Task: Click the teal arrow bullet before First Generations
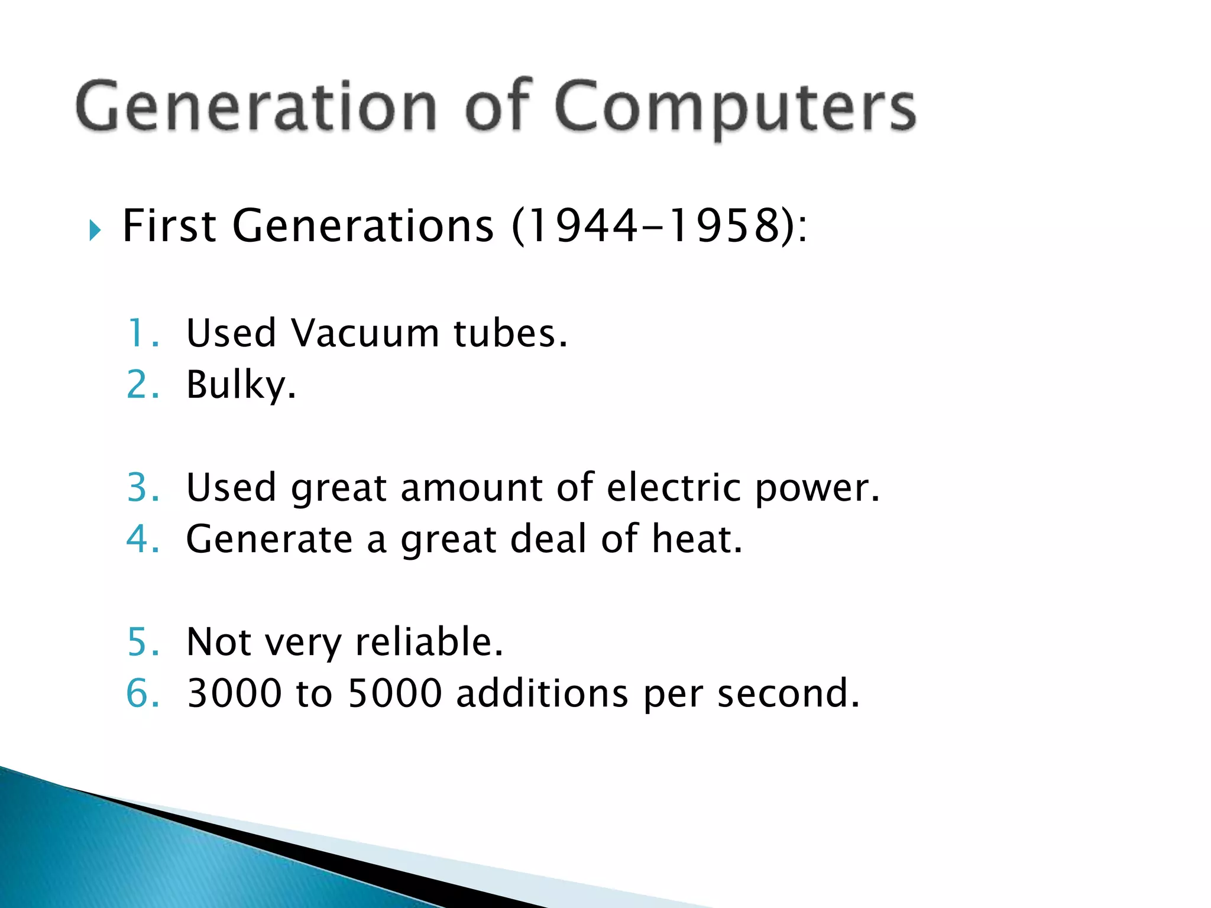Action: coord(95,229)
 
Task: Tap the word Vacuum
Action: coord(365,333)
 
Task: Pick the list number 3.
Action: coord(143,488)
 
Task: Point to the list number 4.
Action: coord(143,539)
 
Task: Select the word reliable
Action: coord(429,642)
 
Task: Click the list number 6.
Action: coord(143,693)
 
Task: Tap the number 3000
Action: coord(234,693)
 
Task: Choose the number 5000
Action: coord(395,693)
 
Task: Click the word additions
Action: coord(542,693)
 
